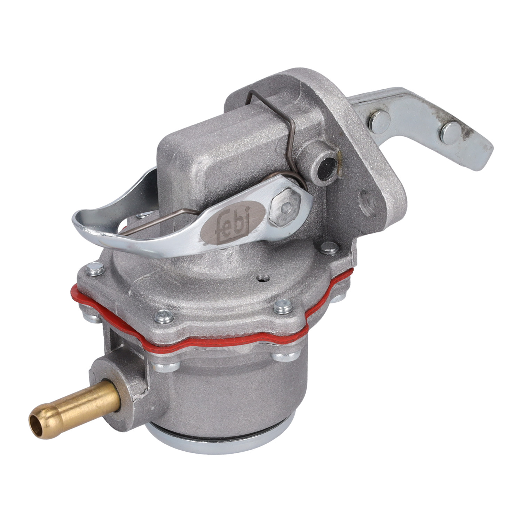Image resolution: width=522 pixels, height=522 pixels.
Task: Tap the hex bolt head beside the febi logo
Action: click(285, 208)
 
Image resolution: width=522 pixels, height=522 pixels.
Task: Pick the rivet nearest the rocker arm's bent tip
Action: click(451, 133)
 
